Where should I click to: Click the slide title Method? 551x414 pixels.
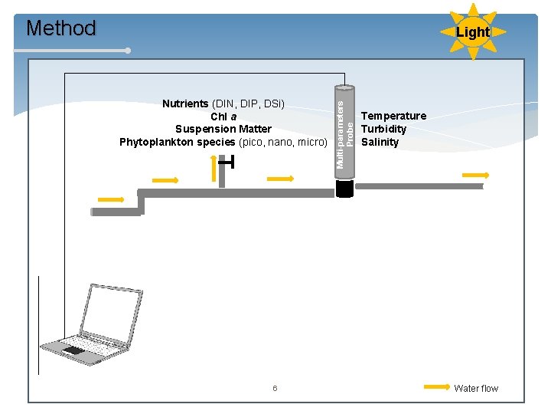coord(61,28)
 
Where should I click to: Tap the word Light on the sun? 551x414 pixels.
coord(472,32)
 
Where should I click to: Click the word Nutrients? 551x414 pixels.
coord(185,103)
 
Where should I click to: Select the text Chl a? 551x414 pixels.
coord(223,117)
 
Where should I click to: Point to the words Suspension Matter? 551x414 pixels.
coord(223,129)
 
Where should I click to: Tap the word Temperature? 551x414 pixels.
coord(393,116)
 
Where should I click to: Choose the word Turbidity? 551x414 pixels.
coord(383,129)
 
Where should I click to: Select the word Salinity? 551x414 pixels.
coord(380,142)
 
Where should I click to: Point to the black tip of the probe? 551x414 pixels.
coord(344,189)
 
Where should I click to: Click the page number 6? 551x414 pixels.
coord(275,389)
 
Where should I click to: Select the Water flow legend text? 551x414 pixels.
coord(475,389)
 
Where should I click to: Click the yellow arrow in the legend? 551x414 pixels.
coord(437,387)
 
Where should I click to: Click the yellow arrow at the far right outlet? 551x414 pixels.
coord(475,175)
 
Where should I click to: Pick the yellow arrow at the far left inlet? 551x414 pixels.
coord(111,199)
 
